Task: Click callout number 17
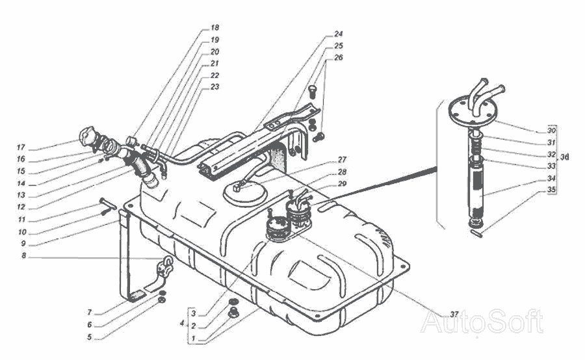point(21,148)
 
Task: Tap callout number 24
point(338,34)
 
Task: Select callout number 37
point(454,314)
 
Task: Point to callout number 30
point(551,131)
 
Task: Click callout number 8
point(24,256)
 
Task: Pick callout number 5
point(90,337)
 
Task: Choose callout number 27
point(342,160)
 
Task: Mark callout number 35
point(551,189)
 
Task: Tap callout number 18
point(214,27)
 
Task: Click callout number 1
point(193,338)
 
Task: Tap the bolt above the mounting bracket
point(313,91)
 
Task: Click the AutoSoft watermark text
point(482,322)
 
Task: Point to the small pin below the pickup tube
point(477,233)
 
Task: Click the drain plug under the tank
point(233,313)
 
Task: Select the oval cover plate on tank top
point(245,192)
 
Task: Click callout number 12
point(21,207)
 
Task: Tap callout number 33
point(551,166)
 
